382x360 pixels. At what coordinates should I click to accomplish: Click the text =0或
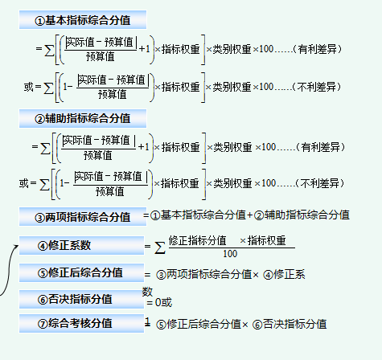click(159, 302)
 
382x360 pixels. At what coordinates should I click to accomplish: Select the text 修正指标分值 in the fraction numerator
click(197, 239)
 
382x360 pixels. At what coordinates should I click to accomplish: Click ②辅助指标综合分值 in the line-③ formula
click(302, 215)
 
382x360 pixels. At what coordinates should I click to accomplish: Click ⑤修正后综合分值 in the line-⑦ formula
click(198, 324)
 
